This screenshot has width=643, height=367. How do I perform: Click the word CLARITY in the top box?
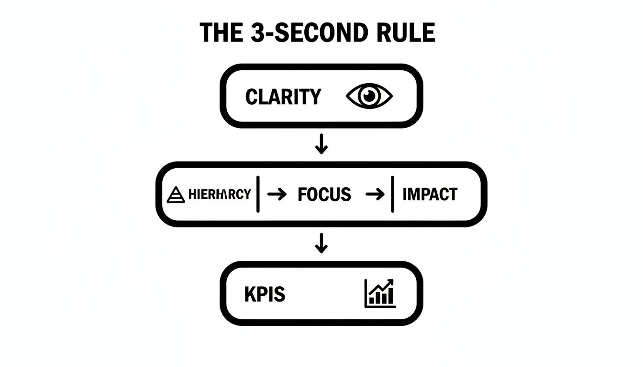[x=283, y=97]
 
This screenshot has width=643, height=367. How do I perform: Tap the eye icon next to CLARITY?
[x=369, y=97]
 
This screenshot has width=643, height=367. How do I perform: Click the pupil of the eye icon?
[x=369, y=96]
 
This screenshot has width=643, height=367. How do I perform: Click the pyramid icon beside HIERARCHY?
[x=176, y=194]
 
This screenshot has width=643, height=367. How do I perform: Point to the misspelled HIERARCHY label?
[x=220, y=194]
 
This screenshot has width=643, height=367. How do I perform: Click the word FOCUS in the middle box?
[x=324, y=194]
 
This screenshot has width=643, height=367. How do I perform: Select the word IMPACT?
[x=430, y=194]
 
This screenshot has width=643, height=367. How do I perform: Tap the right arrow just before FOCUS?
[x=277, y=194]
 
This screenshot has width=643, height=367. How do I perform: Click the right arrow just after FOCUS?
[x=375, y=194]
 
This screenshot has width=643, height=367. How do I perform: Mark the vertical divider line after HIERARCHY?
[x=258, y=194]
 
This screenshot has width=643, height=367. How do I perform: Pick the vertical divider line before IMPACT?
[x=392, y=194]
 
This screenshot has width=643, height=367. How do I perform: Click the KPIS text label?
[x=265, y=294]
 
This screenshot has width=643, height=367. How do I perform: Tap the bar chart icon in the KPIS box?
[x=379, y=293]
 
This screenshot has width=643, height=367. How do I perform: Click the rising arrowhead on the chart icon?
[x=391, y=282]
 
